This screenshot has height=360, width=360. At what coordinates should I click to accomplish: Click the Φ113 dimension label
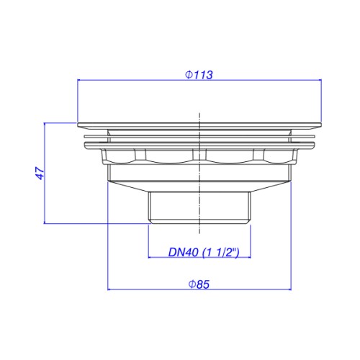pos(199,75)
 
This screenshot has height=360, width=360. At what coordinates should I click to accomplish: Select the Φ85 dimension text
pos(199,284)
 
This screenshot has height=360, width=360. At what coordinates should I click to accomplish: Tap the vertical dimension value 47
pos(40,173)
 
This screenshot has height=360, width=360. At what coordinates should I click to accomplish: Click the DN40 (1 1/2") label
pos(204,252)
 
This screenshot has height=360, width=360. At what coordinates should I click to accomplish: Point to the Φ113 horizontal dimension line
pos(199,80)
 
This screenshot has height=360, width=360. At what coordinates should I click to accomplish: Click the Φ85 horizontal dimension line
pos(199,289)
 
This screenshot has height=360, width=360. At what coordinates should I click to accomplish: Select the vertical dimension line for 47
pos(45,173)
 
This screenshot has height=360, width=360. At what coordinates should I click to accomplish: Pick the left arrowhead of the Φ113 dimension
pos(79,80)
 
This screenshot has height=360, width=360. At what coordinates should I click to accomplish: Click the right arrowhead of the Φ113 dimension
pos(320,80)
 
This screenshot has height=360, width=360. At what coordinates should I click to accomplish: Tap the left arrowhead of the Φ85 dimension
pos(109,289)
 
